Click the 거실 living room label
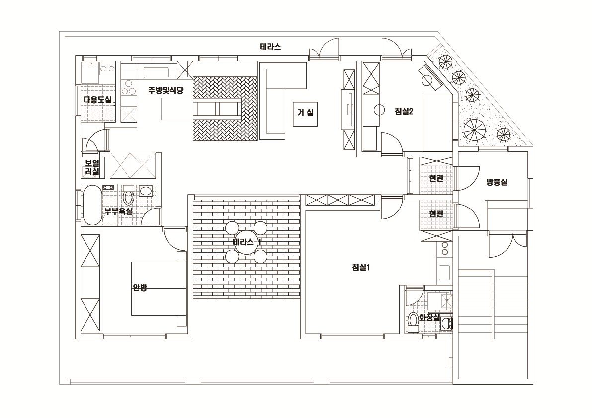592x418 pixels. click(305, 113)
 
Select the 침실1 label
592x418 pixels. click(361, 267)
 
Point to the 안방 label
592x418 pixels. click(140, 287)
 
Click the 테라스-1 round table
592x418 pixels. click(247, 242)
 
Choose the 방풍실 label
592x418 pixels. click(497, 182)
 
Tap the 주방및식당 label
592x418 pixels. click(166, 90)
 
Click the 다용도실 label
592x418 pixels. click(98, 100)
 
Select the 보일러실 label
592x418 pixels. click(92, 167)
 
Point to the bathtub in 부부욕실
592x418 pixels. click(91, 205)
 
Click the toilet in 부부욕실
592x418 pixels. click(128, 197)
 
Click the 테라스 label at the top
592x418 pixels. click(270, 47)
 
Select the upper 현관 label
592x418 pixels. click(436, 178)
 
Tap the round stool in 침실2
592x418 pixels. click(379, 110)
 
